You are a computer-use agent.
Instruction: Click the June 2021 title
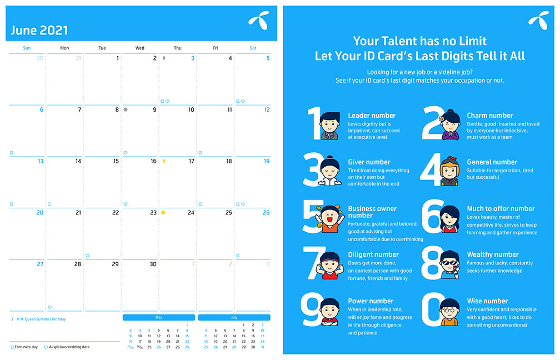click(x=39, y=31)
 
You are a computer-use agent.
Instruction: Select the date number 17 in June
click(x=192, y=161)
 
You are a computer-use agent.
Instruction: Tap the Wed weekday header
click(x=139, y=48)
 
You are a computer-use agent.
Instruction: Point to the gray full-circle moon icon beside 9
click(x=126, y=109)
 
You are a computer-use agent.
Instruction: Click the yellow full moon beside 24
click(x=163, y=212)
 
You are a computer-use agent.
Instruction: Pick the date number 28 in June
click(x=78, y=264)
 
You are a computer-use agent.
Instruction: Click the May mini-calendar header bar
click(x=158, y=317)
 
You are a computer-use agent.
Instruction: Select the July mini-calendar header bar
click(x=234, y=317)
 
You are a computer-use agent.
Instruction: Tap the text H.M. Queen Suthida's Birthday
click(x=42, y=319)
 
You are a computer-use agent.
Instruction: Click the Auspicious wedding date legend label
click(x=69, y=347)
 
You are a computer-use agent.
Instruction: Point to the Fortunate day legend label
click(x=26, y=347)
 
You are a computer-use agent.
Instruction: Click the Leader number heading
click(x=372, y=116)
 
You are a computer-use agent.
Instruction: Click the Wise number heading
click(x=487, y=301)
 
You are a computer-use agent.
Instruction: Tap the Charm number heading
click(x=489, y=116)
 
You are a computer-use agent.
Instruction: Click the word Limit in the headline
click(x=473, y=41)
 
